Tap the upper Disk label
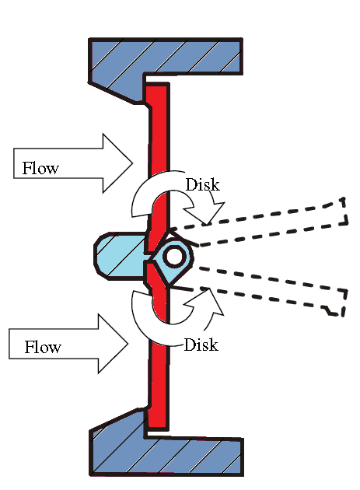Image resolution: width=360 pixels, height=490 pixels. (x=203, y=185)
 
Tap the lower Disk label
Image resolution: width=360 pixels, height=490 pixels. (x=201, y=344)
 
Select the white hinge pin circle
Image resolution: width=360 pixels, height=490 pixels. (x=173, y=255)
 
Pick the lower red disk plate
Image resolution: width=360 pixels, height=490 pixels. (x=158, y=366)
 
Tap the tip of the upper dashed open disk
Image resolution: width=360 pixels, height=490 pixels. (x=343, y=210)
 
